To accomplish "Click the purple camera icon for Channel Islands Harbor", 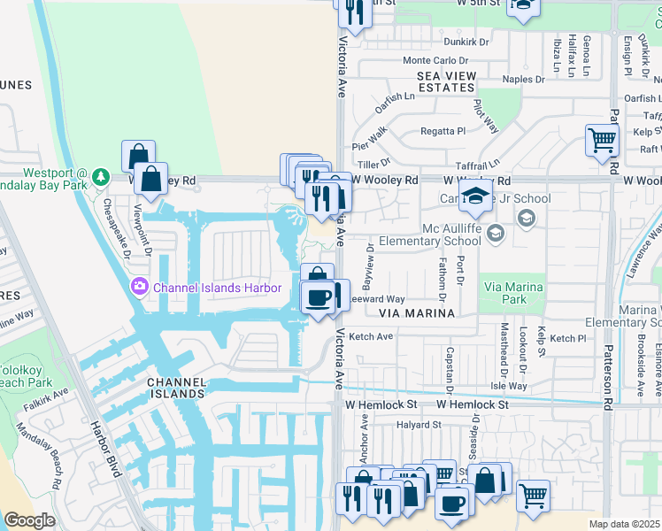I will click(x=139, y=287).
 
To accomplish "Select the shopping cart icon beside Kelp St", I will click(x=602, y=139).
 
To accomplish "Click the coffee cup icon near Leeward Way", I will click(x=318, y=296).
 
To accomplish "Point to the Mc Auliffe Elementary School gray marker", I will click(x=495, y=233).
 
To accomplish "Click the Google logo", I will click(x=29, y=520).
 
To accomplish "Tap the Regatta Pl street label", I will click(x=443, y=131).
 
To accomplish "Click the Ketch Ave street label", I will click(x=371, y=337).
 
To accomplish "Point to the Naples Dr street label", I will click(x=523, y=79).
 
